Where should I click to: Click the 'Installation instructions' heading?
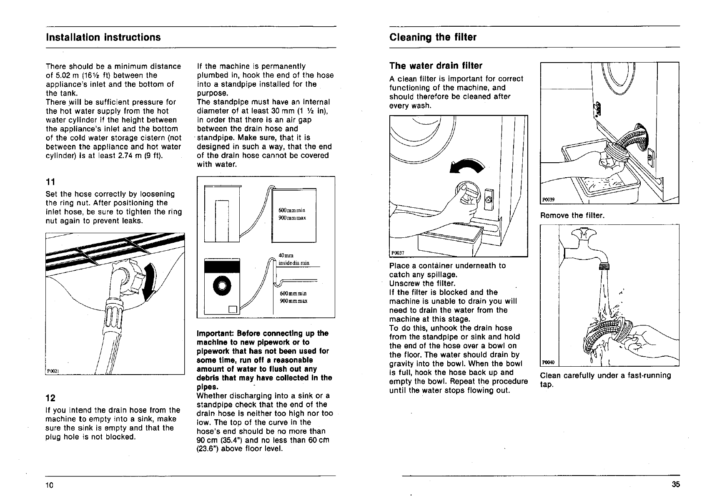(103, 38)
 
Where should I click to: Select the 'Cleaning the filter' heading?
(433, 38)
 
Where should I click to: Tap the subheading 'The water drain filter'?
(436, 66)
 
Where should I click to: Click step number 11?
(50, 181)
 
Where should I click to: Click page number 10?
(50, 485)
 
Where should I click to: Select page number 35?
(675, 484)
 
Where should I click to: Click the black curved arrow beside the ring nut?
(149, 282)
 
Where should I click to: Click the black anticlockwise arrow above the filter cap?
(467, 166)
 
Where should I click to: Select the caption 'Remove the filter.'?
(572, 216)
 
